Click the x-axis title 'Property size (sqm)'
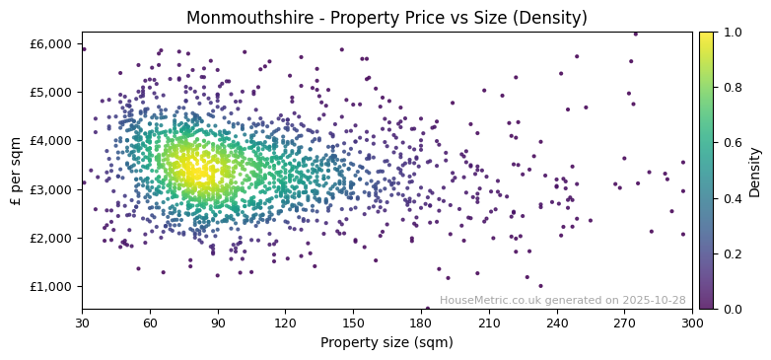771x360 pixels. click(386, 342)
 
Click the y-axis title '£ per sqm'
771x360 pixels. click(16, 171)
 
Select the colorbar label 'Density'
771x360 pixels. click(754, 171)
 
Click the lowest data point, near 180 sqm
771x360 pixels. click(427, 308)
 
